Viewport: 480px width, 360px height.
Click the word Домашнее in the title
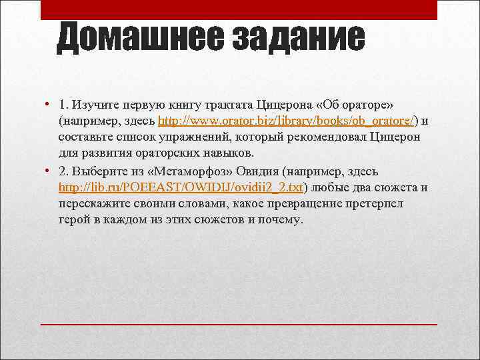point(140,39)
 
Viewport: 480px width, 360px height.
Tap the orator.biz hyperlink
point(287,121)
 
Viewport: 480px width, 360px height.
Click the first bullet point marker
point(48,105)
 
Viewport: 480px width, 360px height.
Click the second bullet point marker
point(48,170)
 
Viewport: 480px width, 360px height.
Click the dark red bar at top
point(239,10)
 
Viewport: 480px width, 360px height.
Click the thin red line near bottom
point(239,324)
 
